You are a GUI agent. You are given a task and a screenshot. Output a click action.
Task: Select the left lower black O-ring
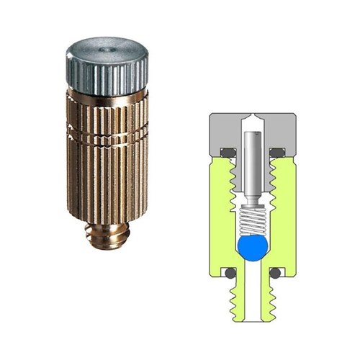[229, 274]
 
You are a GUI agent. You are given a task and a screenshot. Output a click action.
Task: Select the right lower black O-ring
[275, 274]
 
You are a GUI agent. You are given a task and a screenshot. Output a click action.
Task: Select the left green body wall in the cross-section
[220, 216]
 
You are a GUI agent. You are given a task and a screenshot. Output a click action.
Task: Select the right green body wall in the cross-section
[284, 216]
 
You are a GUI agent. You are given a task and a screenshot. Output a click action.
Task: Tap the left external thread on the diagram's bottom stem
[235, 302]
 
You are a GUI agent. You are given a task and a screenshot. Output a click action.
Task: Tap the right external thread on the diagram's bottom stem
[269, 302]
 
